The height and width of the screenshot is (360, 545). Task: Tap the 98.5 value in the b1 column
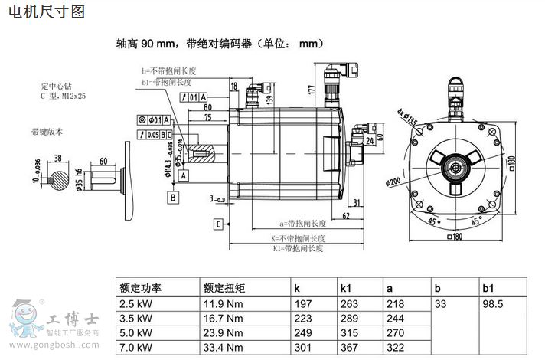pyautogui.click(x=494, y=304)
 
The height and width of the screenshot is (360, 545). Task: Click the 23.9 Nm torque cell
pyautogui.click(x=223, y=332)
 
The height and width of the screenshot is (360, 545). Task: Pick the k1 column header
pyautogui.click(x=346, y=289)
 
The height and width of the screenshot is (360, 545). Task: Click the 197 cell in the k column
pyautogui.click(x=303, y=304)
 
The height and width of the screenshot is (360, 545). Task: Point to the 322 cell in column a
pyautogui.click(x=395, y=347)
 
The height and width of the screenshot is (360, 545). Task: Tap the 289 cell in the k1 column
pyautogui.click(x=349, y=318)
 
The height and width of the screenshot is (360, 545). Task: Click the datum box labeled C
pyautogui.click(x=219, y=224)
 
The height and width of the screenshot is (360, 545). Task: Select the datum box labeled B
pyautogui.click(x=174, y=197)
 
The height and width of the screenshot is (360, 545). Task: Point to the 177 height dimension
pyautogui.click(x=312, y=90)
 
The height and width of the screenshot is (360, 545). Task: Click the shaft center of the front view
pyautogui.click(x=455, y=165)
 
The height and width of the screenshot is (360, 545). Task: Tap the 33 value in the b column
pyautogui.click(x=440, y=304)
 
